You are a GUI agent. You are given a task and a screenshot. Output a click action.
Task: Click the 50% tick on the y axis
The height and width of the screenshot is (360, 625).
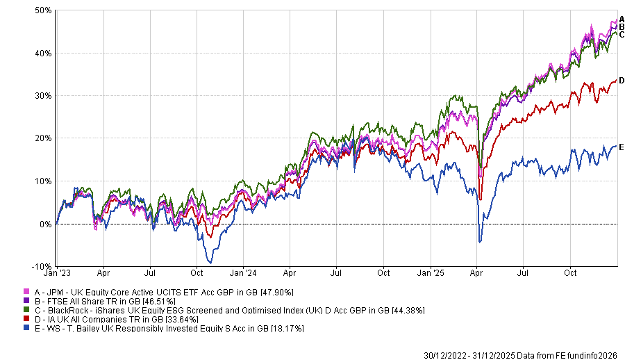[43, 10]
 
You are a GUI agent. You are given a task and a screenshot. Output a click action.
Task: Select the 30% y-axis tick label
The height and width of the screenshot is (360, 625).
[43, 96]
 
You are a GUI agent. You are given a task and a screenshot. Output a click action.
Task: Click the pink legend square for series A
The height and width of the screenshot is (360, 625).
[26, 292]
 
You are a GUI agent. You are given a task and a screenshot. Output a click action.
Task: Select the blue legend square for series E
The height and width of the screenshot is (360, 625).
[26, 328]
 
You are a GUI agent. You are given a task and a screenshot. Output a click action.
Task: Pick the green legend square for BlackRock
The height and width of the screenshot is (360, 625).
[26, 310]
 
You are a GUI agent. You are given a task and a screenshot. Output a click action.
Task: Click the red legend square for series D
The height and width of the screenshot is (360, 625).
[26, 319]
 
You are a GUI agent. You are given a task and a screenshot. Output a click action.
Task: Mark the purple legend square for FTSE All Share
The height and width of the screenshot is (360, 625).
[26, 301]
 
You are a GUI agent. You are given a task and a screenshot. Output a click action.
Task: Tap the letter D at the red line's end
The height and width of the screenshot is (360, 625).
[622, 81]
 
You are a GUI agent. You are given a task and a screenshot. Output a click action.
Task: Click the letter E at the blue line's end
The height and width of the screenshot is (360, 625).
[622, 147]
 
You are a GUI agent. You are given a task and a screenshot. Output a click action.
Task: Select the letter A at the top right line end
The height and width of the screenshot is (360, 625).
[622, 19]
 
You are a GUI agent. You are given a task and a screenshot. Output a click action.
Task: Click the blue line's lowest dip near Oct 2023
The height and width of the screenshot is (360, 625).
[210, 262]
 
